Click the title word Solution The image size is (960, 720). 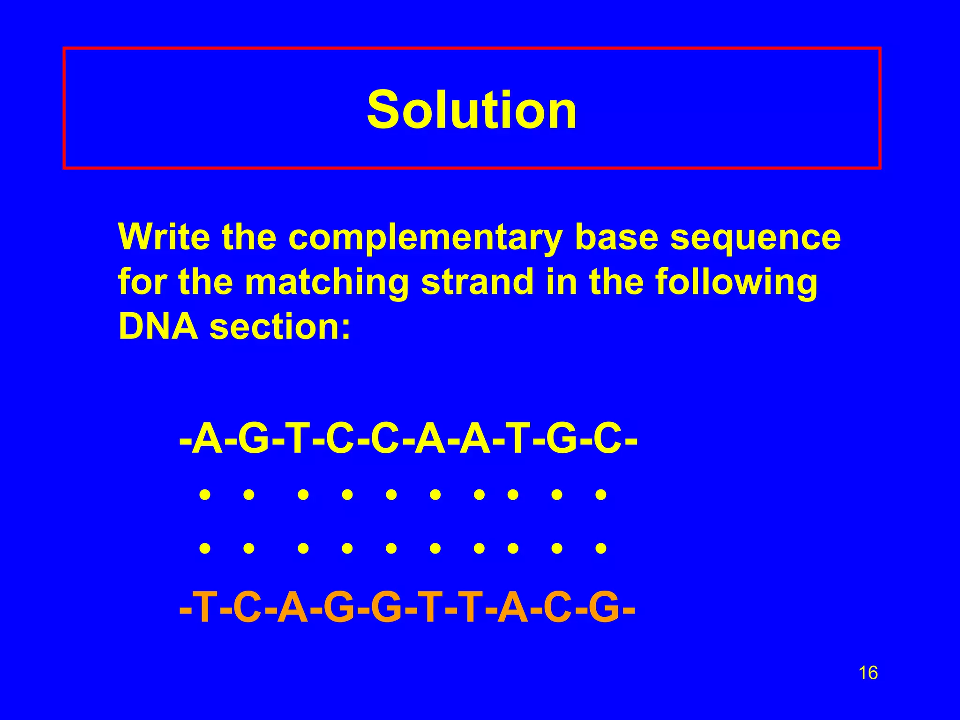coord(472,110)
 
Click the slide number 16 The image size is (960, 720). coord(868,673)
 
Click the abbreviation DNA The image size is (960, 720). coord(158,327)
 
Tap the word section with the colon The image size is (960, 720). coord(280,327)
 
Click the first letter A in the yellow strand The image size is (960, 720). coord(208,441)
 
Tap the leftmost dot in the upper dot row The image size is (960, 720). coord(204,494)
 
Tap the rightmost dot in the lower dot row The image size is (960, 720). coord(600,547)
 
